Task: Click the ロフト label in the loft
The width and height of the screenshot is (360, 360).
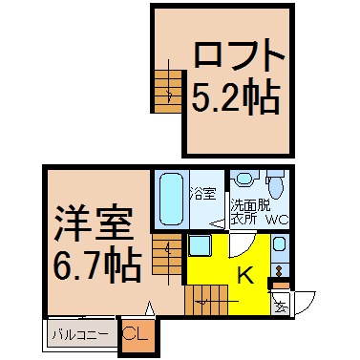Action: coord(239,56)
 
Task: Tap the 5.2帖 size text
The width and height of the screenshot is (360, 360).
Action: coord(236,95)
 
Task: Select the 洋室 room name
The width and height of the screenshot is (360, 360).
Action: coord(94,223)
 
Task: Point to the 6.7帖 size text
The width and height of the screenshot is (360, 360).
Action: coord(97,265)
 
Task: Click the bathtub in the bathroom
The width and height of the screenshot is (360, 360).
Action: coord(172,200)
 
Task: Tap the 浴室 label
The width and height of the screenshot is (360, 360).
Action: coord(202,193)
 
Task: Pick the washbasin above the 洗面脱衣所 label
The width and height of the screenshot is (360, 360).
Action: coord(244,179)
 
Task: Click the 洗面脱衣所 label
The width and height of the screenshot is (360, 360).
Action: coord(250,212)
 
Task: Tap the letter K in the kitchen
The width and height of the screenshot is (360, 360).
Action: coord(246,274)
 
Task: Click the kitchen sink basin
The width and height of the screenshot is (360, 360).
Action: coord(279,244)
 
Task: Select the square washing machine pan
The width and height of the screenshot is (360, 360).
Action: coord(199,245)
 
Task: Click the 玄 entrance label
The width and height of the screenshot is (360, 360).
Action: coord(280,307)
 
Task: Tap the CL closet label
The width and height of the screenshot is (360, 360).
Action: coord(135,334)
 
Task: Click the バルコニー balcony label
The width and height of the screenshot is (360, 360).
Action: coord(79,335)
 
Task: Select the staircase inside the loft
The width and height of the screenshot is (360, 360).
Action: coord(168,91)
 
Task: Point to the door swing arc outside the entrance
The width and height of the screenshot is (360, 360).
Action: coord(308,304)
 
